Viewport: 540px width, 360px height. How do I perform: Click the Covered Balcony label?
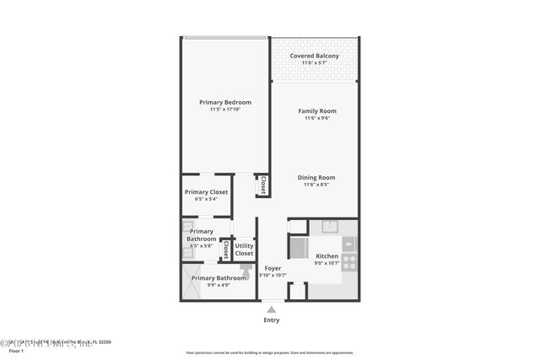(x=315, y=56)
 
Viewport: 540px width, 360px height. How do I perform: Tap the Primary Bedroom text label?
(x=225, y=102)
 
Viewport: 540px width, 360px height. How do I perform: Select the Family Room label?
(x=316, y=111)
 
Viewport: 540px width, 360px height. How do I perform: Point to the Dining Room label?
(x=316, y=177)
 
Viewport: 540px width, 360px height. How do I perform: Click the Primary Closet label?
(x=206, y=192)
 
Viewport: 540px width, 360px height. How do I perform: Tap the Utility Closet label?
(x=244, y=250)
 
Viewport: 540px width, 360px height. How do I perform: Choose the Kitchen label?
(x=327, y=255)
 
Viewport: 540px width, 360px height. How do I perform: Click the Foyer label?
(x=273, y=268)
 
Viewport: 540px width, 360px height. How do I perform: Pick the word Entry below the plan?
(x=271, y=320)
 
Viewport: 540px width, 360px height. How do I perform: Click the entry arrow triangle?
(x=271, y=309)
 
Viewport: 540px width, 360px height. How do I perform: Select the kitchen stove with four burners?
(x=349, y=261)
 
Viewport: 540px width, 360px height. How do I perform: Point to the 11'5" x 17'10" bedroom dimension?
(x=225, y=110)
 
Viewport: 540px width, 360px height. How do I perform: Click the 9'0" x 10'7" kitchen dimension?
(x=327, y=263)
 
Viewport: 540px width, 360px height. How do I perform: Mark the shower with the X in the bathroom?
(x=188, y=281)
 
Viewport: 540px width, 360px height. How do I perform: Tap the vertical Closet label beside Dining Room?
(x=262, y=185)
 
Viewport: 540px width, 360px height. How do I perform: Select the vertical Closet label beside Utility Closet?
(x=225, y=250)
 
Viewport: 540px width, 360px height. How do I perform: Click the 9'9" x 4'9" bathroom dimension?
(x=219, y=285)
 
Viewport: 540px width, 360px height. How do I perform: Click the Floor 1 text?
(x=16, y=349)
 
